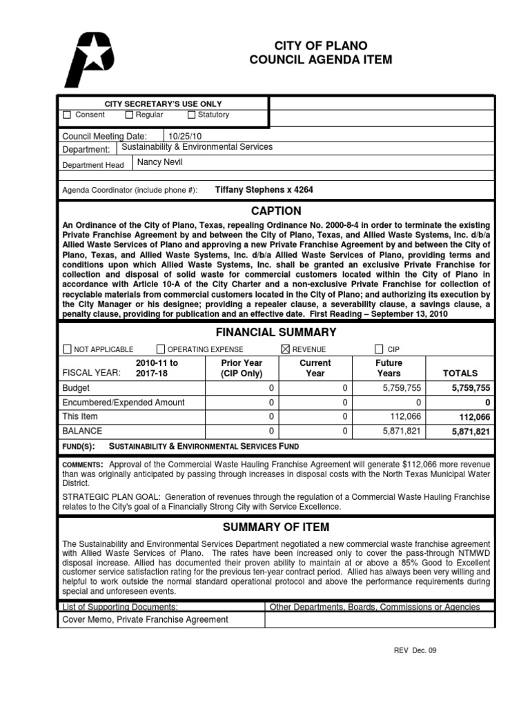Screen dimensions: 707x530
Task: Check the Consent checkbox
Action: tap(67, 115)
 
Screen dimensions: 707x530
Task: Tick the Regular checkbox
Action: tap(129, 115)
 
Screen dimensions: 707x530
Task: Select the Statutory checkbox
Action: tap(191, 115)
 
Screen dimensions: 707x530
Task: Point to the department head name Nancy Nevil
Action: tap(160, 163)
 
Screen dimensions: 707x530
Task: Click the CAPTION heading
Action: tap(275, 211)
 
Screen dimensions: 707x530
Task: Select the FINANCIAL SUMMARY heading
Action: tap(275, 332)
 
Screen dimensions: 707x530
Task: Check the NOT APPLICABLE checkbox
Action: tap(67, 349)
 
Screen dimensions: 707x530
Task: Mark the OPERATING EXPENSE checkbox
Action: tap(161, 349)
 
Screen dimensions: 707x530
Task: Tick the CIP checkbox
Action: tap(379, 349)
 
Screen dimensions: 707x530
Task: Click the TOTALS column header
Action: tap(460, 373)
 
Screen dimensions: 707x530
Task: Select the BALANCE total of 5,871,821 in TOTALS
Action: tap(471, 432)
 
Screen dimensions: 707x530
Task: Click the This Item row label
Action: tap(80, 416)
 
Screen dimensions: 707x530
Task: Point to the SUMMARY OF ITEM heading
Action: tap(275, 528)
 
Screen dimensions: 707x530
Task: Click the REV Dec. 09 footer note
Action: tap(415, 650)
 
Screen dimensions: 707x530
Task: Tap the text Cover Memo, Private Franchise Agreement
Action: tap(145, 620)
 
